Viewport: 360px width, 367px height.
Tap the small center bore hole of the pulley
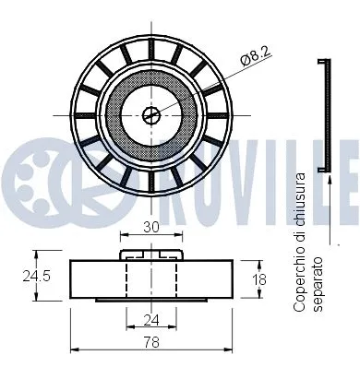click(151, 114)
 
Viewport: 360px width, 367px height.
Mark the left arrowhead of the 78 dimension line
click(73, 350)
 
